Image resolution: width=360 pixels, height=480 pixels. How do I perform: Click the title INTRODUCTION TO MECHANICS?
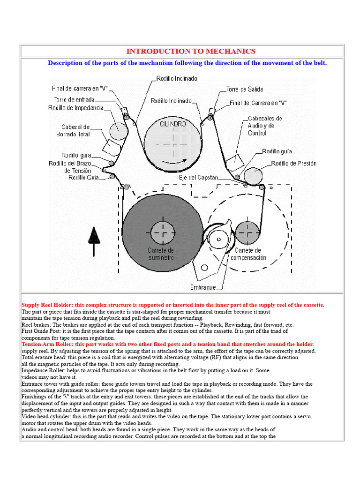click(x=191, y=52)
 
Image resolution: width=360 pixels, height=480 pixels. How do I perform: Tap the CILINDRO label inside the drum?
click(x=172, y=124)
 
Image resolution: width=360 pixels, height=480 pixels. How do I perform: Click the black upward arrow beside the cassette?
click(x=94, y=241)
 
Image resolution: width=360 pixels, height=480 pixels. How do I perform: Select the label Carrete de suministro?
click(x=161, y=254)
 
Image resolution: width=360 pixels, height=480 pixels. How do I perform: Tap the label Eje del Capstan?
click(x=198, y=178)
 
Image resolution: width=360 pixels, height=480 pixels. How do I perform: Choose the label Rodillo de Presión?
click(x=293, y=164)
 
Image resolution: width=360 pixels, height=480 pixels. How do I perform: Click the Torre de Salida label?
click(x=244, y=89)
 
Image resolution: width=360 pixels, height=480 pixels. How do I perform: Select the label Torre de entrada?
click(x=74, y=99)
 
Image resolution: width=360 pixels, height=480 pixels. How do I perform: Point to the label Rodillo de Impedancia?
click(x=75, y=108)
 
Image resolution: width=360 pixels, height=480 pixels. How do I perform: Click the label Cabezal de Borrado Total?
click(x=75, y=131)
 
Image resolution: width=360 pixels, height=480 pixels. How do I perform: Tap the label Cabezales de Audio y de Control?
click(x=265, y=126)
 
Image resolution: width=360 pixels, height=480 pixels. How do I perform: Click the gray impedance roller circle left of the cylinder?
click(x=119, y=131)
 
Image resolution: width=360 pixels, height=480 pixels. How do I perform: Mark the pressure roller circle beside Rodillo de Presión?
click(x=253, y=176)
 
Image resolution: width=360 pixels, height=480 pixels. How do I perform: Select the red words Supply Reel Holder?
click(x=45, y=305)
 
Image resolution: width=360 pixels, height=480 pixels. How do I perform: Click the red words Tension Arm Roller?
click(x=45, y=344)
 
